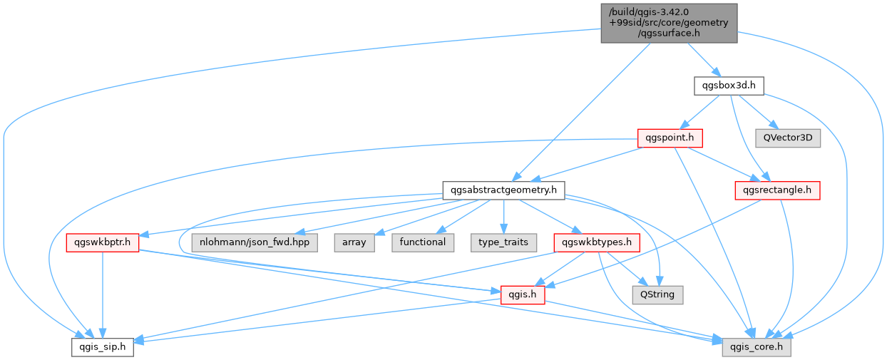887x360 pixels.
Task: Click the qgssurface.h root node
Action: coord(669,24)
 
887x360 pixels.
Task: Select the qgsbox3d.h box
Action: coord(729,86)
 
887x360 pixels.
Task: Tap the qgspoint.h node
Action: coord(670,138)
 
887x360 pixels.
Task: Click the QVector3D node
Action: coord(788,138)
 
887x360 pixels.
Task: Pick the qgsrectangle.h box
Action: coord(777,190)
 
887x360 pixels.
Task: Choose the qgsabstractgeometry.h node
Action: coord(503,190)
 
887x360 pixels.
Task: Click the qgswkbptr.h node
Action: coord(103,243)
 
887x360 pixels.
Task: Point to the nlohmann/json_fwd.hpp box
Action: coord(255,243)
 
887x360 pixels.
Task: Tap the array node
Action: coord(354,243)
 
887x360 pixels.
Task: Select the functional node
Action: coord(423,243)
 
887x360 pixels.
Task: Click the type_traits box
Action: coord(503,243)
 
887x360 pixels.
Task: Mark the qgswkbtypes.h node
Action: coord(597,243)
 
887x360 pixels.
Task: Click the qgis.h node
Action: coord(523,295)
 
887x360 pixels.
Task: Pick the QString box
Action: coord(657,295)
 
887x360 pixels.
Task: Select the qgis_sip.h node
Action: coord(103,347)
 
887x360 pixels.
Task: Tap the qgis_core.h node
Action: coord(757,347)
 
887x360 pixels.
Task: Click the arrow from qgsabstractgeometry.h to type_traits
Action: coord(503,217)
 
